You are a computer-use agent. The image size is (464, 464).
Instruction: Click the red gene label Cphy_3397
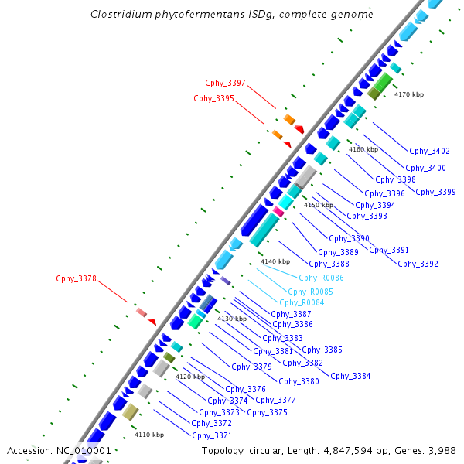[225, 83]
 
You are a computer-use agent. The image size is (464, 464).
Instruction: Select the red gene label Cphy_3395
[213, 98]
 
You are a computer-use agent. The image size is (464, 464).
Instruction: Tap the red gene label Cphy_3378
[76, 278]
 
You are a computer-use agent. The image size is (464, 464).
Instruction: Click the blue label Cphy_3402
[429, 151]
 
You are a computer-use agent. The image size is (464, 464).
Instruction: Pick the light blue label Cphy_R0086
[321, 278]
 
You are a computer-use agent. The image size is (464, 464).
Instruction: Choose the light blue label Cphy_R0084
[302, 302]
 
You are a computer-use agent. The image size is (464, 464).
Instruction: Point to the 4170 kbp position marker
[409, 94]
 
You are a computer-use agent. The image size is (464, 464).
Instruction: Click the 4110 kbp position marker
[149, 435]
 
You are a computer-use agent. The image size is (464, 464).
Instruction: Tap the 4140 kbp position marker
[275, 261]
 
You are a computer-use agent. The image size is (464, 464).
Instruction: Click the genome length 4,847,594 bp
[367, 450]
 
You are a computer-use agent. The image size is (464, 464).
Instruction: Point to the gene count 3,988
[440, 450]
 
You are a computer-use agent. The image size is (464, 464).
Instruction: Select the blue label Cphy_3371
[211, 435]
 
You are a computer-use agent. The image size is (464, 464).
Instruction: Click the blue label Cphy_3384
[350, 376]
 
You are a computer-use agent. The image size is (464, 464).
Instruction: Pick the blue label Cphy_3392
[418, 264]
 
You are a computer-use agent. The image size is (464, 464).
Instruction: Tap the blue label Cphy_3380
[299, 381]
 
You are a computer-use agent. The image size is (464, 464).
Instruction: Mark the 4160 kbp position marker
[363, 149]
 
